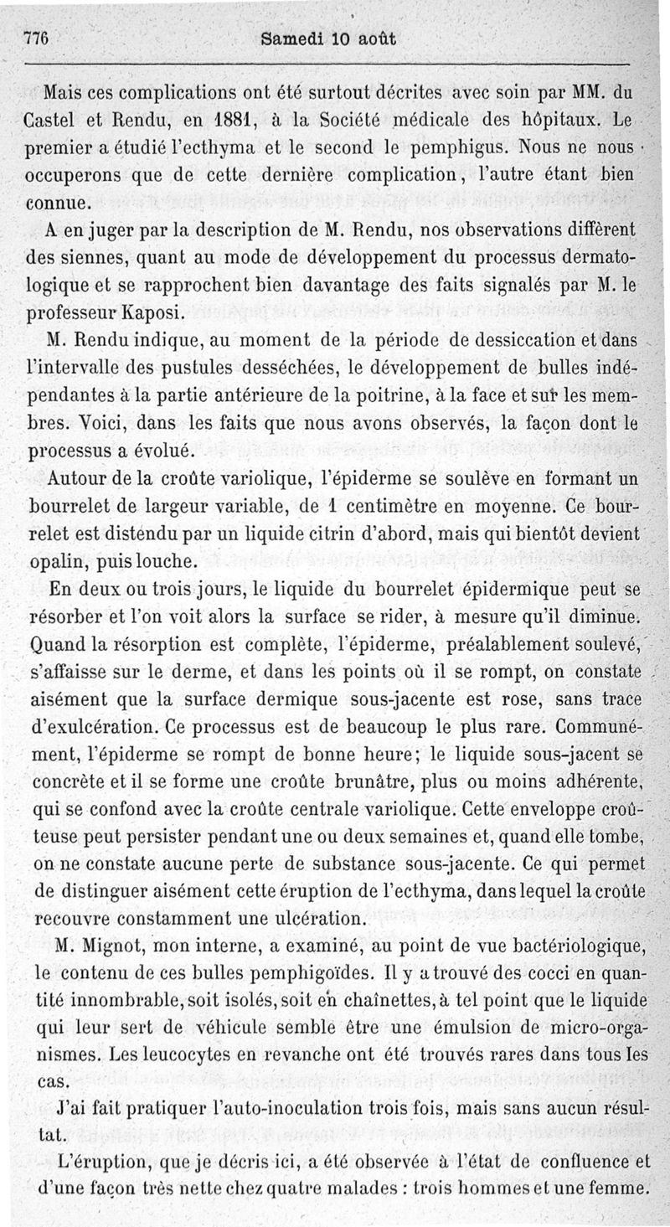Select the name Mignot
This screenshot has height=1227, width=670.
coord(114,946)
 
